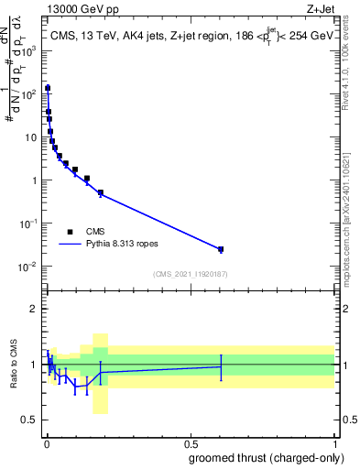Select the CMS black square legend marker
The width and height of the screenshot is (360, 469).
click(x=70, y=232)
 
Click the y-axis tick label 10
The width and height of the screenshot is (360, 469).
click(x=33, y=136)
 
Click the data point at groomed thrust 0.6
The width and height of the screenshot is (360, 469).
click(x=220, y=249)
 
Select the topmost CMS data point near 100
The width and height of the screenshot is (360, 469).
click(x=48, y=89)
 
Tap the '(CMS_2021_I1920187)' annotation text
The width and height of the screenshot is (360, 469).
click(x=190, y=274)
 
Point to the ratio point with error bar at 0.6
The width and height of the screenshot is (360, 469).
click(x=220, y=366)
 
